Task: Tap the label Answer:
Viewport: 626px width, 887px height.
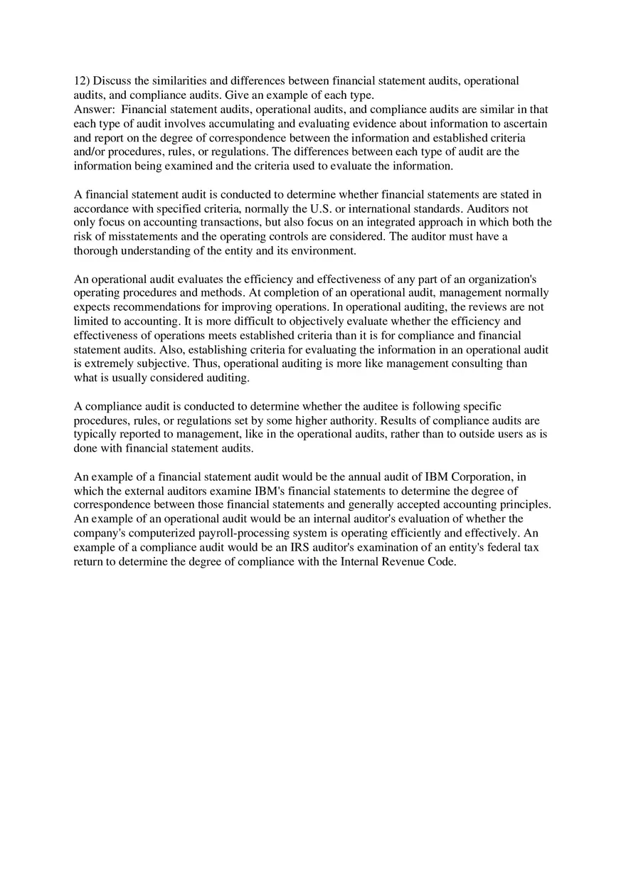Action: [x=94, y=110]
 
